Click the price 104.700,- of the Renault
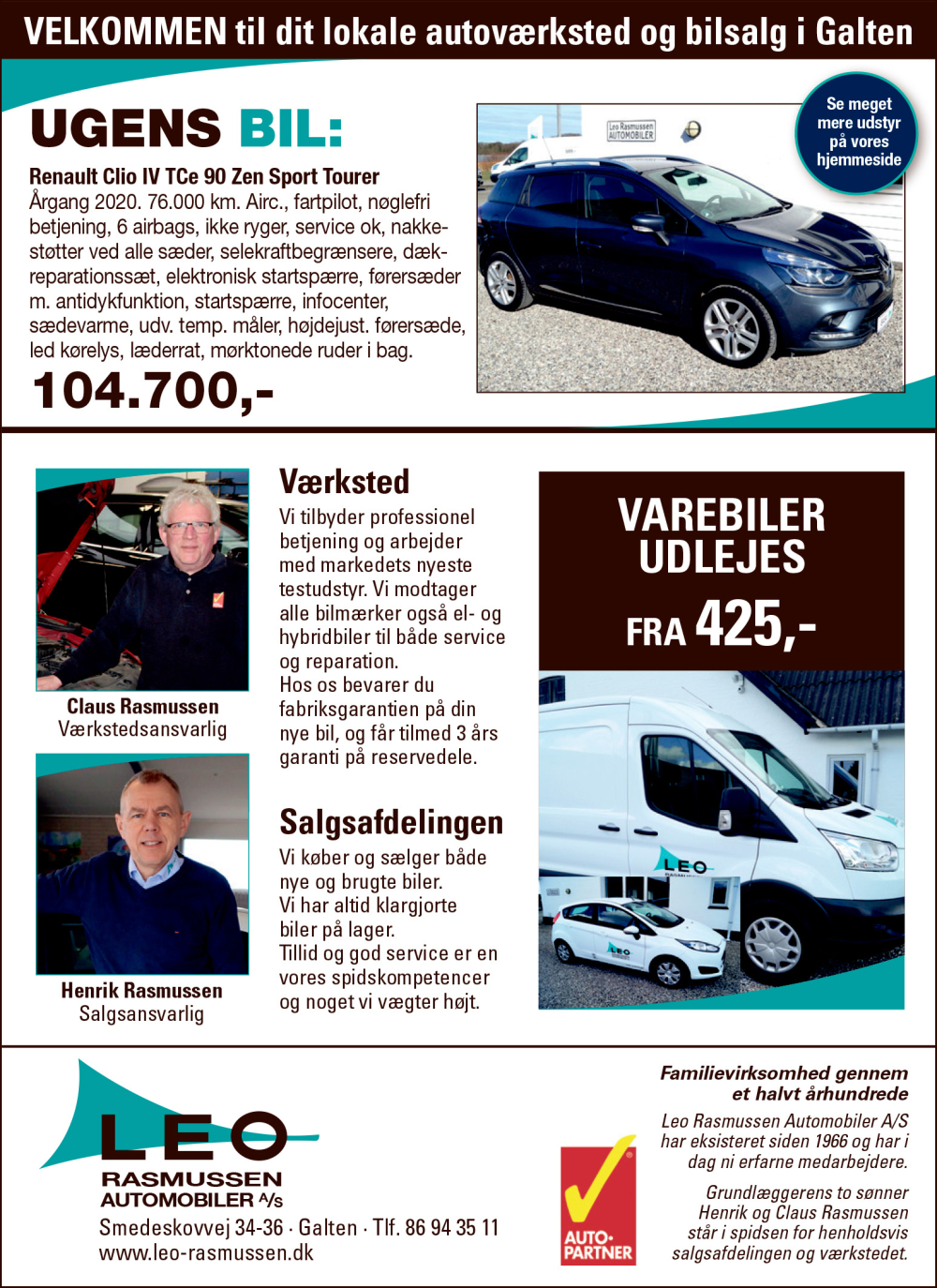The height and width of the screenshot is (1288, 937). click(x=153, y=391)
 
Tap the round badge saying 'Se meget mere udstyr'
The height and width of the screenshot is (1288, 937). click(x=857, y=132)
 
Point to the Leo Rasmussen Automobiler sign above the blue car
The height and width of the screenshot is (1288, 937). click(x=631, y=130)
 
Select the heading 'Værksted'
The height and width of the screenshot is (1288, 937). click(x=344, y=482)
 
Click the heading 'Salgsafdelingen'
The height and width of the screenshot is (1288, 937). click(x=391, y=822)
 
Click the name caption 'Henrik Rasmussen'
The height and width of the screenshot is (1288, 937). click(x=141, y=990)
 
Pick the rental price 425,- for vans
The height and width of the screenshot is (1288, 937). click(x=754, y=622)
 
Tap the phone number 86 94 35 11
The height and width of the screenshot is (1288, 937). click(x=452, y=1227)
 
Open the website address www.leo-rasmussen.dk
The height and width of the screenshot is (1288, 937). click(x=206, y=1252)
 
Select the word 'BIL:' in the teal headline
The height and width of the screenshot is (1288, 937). click(x=290, y=128)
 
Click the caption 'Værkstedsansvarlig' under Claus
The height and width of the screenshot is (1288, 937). click(x=142, y=729)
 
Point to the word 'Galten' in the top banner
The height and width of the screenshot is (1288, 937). click(x=864, y=32)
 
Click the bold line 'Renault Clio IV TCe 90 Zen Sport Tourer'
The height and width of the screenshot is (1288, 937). click(x=204, y=176)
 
